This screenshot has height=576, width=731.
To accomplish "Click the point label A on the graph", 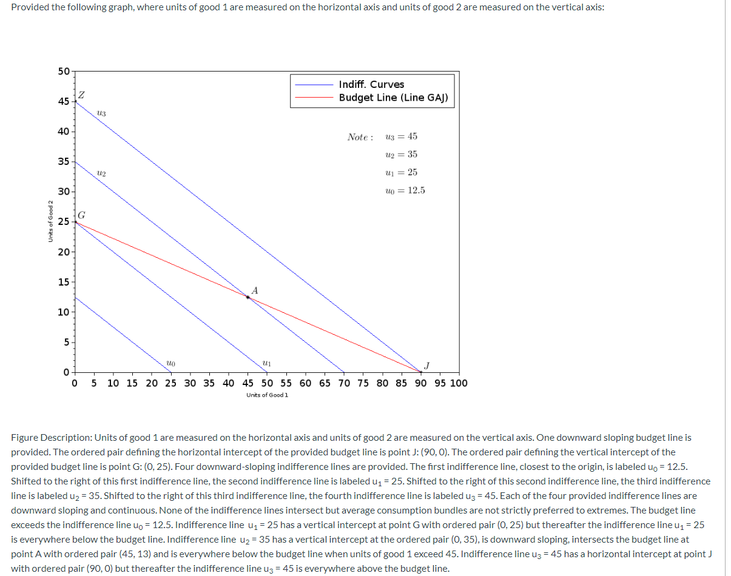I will (254, 290).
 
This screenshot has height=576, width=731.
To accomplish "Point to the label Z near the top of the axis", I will (81, 95).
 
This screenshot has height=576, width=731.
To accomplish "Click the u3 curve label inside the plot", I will (101, 113).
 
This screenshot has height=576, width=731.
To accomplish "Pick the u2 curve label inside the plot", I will (101, 173).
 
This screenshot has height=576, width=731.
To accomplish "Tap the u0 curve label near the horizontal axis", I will (170, 363).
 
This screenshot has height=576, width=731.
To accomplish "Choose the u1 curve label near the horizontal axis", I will (266, 363).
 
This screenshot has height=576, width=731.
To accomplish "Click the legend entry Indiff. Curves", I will (371, 84).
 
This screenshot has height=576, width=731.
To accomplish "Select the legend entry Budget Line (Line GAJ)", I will (393, 98).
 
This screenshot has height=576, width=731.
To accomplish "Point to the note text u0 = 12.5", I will (405, 190).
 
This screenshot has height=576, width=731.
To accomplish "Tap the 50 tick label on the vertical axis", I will (64, 72).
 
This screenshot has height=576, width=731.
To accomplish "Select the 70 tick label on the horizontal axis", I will (344, 383).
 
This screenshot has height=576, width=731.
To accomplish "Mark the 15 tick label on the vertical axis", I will (64, 282).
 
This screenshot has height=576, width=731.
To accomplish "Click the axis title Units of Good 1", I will (267, 395).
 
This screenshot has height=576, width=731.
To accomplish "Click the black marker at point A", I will (248, 297).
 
